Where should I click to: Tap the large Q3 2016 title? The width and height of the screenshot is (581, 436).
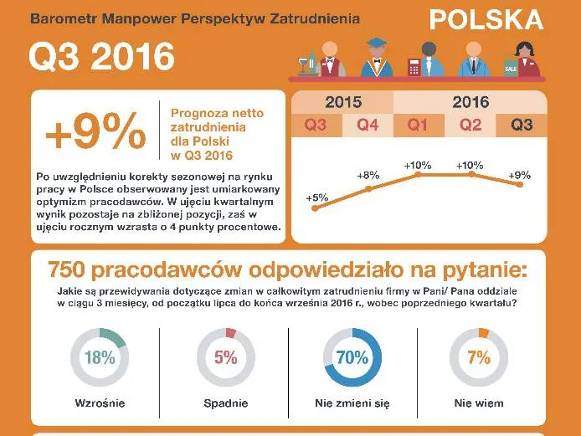pyautogui.click(x=101, y=57)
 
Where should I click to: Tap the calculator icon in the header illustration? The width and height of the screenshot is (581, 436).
pyautogui.click(x=413, y=66)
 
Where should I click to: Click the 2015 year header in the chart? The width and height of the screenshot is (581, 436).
pyautogui.click(x=343, y=103)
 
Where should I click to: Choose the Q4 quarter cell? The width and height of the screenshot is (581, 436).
pyautogui.click(x=368, y=126)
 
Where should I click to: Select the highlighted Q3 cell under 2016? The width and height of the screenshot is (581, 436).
pyautogui.click(x=522, y=126)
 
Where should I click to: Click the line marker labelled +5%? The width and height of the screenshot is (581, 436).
pyautogui.click(x=316, y=209)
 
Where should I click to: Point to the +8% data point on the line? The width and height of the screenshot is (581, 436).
pyautogui.click(x=368, y=189)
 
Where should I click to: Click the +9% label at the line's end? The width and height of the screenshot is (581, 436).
pyautogui.click(x=521, y=174)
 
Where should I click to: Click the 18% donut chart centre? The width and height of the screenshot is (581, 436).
pyautogui.click(x=99, y=357)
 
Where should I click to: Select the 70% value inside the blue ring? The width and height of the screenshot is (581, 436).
pyautogui.click(x=352, y=357)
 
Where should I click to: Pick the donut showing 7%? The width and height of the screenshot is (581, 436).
pyautogui.click(x=479, y=357)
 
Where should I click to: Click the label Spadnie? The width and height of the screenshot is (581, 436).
pyautogui.click(x=225, y=403)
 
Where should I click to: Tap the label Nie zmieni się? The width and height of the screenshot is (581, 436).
pyautogui.click(x=352, y=403)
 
